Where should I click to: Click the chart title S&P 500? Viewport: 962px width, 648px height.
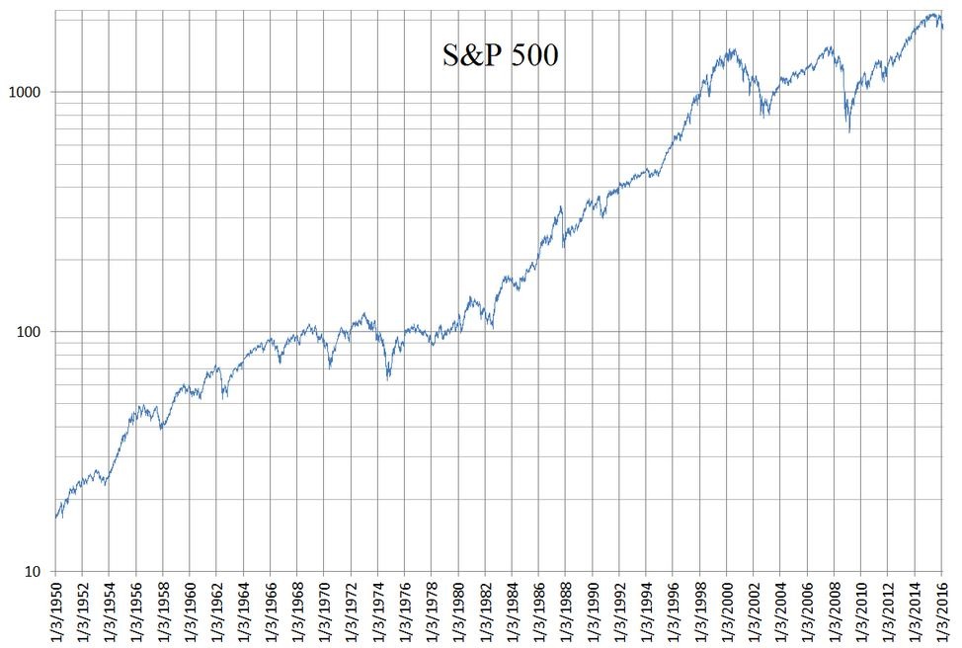[500, 55]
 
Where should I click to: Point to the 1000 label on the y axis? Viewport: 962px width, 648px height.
[29, 92]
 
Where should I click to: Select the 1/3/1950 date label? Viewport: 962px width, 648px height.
[55, 611]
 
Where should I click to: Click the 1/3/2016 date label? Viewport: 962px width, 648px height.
[942, 611]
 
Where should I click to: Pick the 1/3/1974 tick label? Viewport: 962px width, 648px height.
[378, 611]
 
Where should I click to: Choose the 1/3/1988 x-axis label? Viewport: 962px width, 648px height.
[566, 611]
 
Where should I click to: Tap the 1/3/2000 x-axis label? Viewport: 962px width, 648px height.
[728, 611]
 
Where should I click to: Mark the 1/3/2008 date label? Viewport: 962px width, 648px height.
[835, 611]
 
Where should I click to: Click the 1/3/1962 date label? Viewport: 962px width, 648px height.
[217, 611]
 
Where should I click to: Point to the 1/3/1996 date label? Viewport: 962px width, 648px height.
[674, 611]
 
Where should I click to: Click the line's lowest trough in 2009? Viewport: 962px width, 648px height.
[849, 131]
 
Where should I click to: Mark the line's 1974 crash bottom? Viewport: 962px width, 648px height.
[388, 379]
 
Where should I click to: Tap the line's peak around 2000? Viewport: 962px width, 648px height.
[731, 49]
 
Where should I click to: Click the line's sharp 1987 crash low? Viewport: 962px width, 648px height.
[563, 245]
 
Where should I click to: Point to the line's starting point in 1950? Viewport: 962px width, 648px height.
[56, 518]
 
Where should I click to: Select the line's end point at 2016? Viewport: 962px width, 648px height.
[942, 28]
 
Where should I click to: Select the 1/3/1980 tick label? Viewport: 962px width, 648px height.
[458, 611]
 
